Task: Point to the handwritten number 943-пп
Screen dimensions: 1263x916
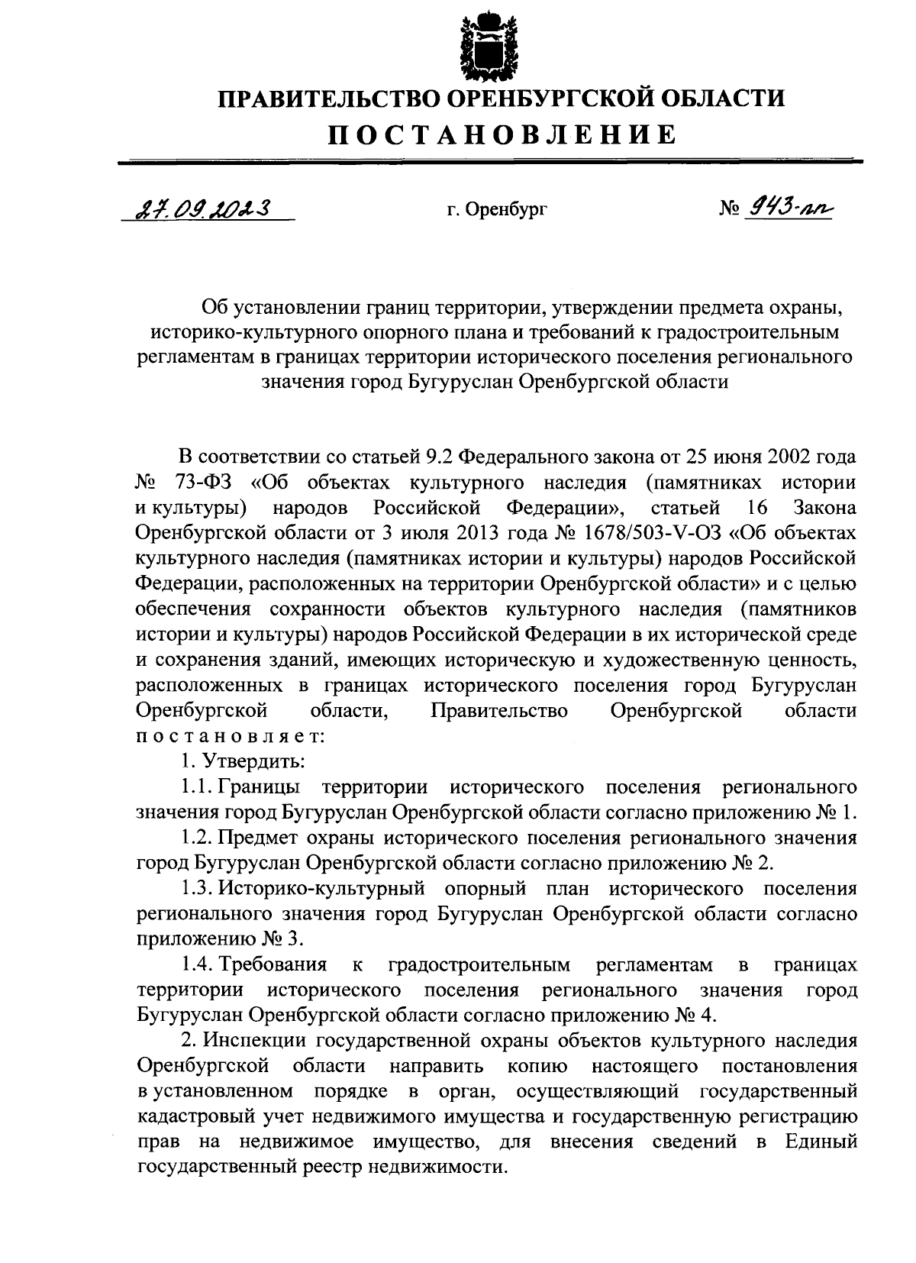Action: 791,207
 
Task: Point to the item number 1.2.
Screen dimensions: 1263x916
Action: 197,838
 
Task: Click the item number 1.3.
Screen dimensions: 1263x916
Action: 197,889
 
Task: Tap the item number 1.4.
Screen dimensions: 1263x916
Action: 197,965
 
